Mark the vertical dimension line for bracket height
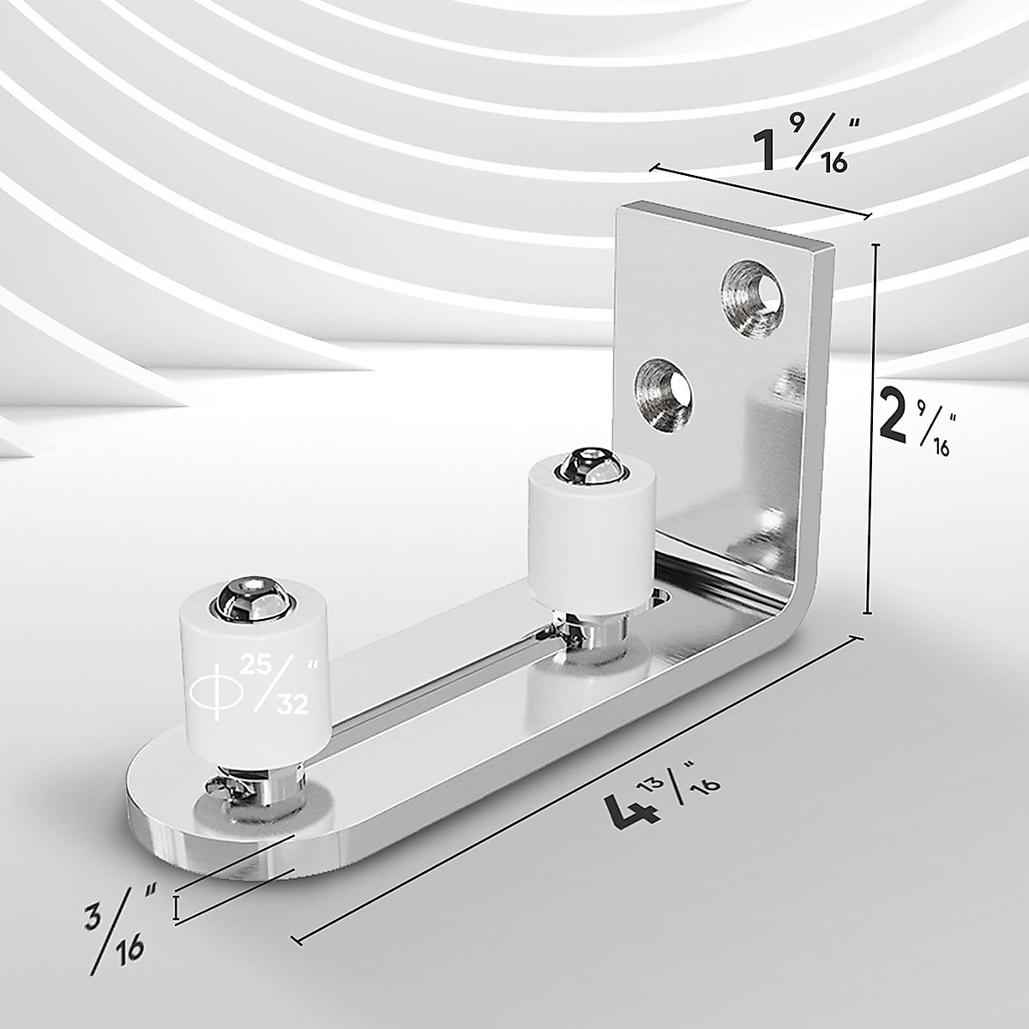(874, 429)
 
